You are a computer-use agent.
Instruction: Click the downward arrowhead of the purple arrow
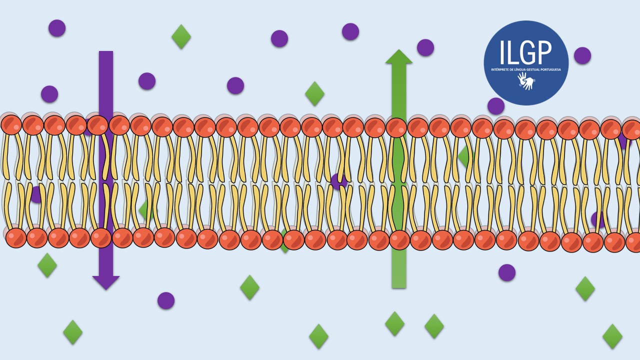click(106, 282)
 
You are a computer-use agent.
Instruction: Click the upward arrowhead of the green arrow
click(399, 56)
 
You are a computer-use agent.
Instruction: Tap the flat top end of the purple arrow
click(106, 51)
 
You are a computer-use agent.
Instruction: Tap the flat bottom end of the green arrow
click(399, 287)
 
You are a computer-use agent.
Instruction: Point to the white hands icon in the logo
click(526, 81)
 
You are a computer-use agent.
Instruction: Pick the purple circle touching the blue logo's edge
click(496, 106)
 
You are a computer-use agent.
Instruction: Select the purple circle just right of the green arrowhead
click(425, 47)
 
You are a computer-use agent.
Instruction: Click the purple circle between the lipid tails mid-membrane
click(339, 181)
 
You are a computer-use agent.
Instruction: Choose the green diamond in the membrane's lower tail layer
click(146, 210)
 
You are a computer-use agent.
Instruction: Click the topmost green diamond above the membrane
click(181, 36)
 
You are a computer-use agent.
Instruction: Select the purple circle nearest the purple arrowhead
click(166, 300)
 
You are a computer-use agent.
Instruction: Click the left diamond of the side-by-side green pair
click(394, 323)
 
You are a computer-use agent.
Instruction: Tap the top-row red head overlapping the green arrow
click(396, 127)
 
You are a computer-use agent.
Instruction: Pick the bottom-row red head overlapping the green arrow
click(399, 240)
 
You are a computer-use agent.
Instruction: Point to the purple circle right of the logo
click(582, 55)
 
